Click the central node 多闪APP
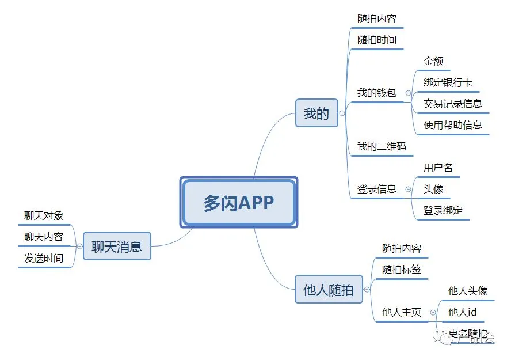[x=238, y=202]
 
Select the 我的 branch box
[x=316, y=113]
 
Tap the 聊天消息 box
[x=117, y=247]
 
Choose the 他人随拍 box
[x=328, y=289]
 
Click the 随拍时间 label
[x=376, y=40]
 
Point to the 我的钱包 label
[x=376, y=93]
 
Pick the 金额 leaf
[x=433, y=61]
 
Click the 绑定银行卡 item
[x=448, y=82]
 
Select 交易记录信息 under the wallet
[x=452, y=104]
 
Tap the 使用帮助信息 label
[x=452, y=125]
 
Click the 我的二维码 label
[x=381, y=146]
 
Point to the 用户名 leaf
[x=438, y=168]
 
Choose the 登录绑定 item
[x=443, y=210]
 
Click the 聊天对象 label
[x=44, y=215]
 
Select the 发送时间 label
[x=44, y=258]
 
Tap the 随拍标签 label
[x=402, y=270]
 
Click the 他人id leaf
[x=463, y=312]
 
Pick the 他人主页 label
[x=402, y=312]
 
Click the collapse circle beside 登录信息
[x=408, y=189]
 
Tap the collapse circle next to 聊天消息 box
[x=79, y=247]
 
